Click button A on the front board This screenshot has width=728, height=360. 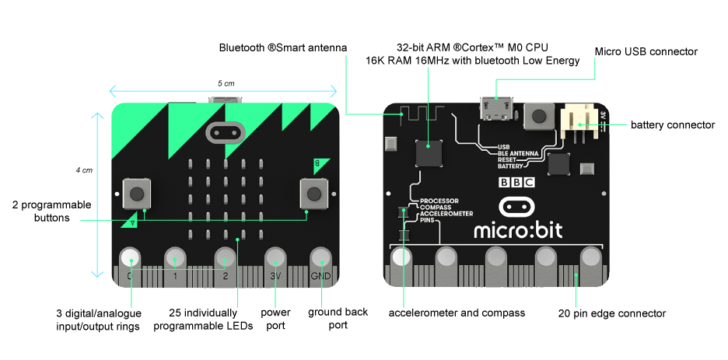click(136, 193)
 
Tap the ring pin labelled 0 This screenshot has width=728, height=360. click(130, 259)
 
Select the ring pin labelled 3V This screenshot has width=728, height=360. click(275, 259)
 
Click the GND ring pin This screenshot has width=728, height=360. click(321, 259)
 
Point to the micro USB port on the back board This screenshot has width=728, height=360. click(495, 107)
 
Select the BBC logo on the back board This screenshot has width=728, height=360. click(516, 184)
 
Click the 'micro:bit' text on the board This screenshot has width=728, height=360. click(518, 229)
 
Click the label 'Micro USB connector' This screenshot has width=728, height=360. click(646, 51)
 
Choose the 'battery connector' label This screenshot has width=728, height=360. click(672, 124)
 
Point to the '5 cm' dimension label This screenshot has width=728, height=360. click(226, 83)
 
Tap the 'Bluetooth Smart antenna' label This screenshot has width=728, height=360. click(282, 48)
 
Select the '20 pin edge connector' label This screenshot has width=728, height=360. click(612, 313)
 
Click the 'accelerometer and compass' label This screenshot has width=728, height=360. click(457, 313)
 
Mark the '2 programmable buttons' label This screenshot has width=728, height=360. click(51, 211)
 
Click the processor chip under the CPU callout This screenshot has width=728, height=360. click(429, 153)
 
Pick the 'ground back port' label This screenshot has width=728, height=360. click(338, 319)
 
